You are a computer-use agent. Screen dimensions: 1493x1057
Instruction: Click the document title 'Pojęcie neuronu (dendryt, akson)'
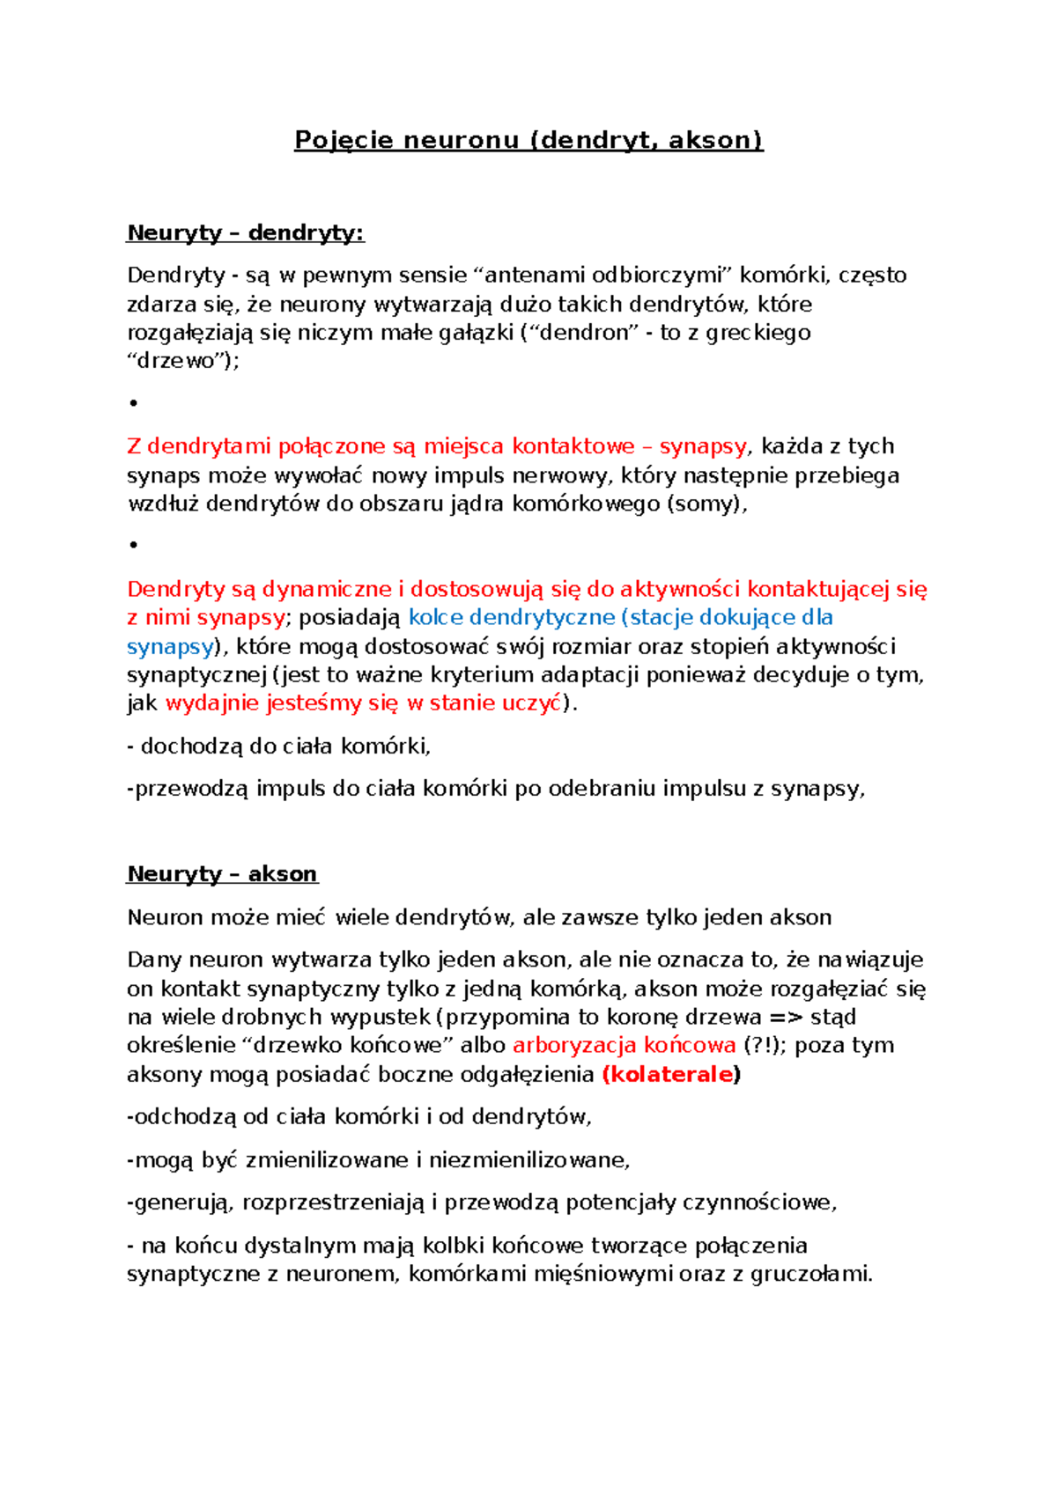pos(528,140)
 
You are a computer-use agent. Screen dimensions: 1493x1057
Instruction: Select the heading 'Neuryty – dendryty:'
pos(246,233)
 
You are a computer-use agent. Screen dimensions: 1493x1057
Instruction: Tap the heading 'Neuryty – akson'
pos(222,874)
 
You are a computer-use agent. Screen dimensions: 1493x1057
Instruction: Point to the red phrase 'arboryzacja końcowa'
pos(624,1045)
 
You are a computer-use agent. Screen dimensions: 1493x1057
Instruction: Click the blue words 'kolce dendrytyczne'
pos(511,617)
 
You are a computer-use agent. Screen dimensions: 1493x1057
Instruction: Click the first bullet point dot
pos(134,403)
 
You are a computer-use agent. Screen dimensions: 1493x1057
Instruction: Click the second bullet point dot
pos(134,545)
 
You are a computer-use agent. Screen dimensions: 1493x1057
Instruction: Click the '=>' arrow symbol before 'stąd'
pos(786,1017)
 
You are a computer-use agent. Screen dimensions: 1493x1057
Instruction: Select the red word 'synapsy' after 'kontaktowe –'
pos(702,446)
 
